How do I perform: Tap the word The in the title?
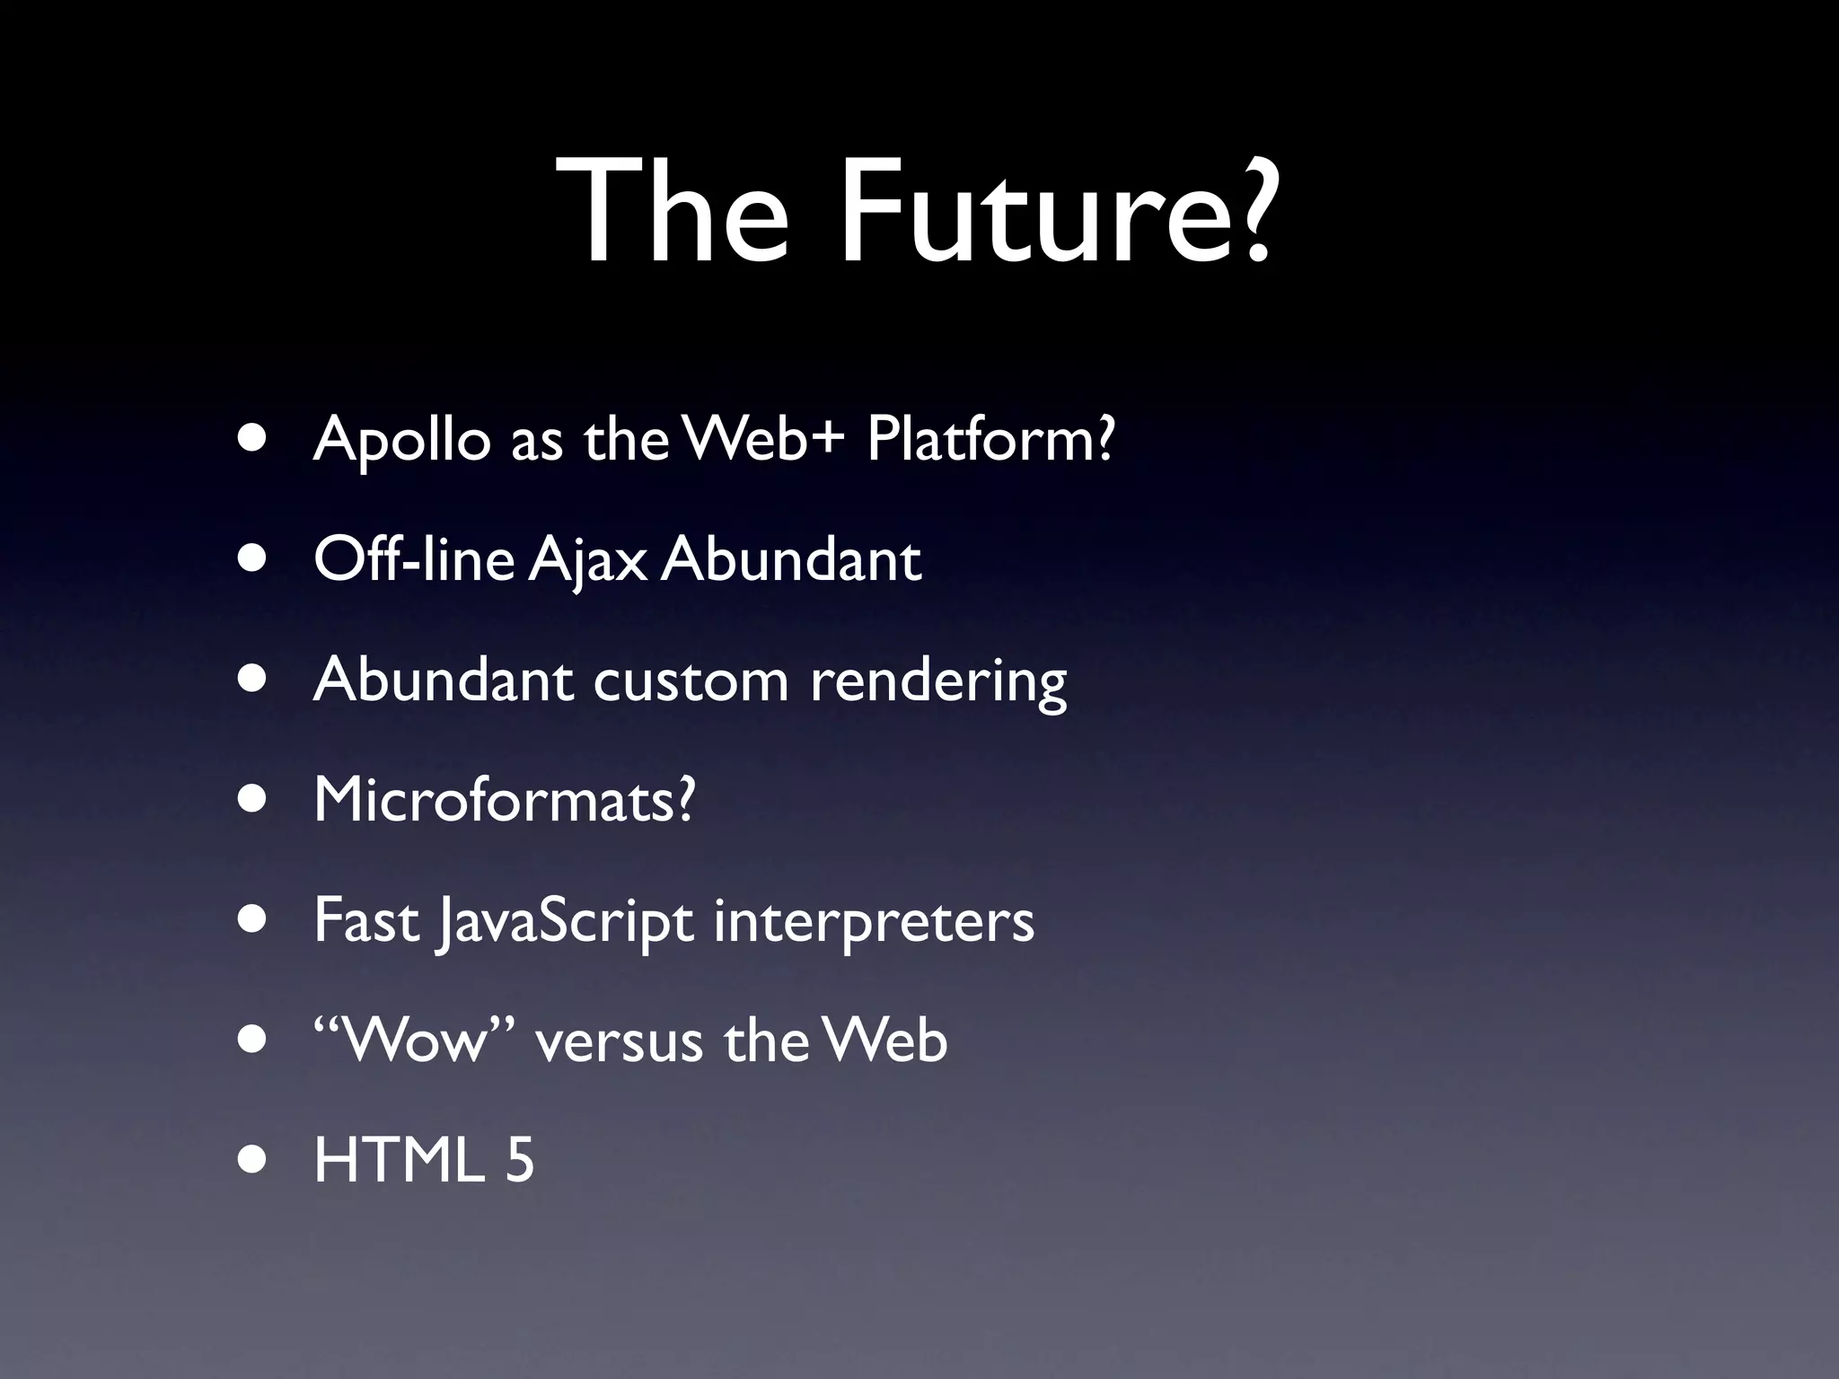pos(673,213)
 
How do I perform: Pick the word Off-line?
pos(414,558)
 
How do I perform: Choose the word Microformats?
pos(505,799)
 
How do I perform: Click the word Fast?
pos(367,919)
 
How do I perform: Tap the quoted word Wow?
pos(416,1041)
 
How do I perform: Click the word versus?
pos(619,1041)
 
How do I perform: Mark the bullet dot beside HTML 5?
pos(253,1159)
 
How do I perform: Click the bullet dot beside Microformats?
pos(253,799)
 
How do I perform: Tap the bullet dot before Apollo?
pos(253,439)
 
